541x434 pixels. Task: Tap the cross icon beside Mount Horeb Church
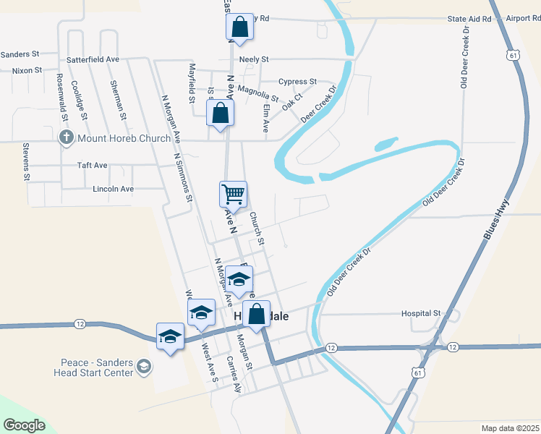point(66,137)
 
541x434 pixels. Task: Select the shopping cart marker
point(233,193)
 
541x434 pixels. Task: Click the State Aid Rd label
point(469,18)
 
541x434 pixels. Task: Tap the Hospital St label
point(422,313)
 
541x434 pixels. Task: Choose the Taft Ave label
point(92,166)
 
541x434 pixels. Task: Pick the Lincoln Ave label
point(114,189)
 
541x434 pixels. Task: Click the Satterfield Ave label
point(93,59)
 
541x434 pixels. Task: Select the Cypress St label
point(297,82)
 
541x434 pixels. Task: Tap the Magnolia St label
point(257,93)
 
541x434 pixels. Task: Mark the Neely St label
point(254,59)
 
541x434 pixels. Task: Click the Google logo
point(24,425)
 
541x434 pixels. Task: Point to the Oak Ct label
point(292,104)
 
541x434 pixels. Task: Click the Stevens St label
point(26,161)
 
